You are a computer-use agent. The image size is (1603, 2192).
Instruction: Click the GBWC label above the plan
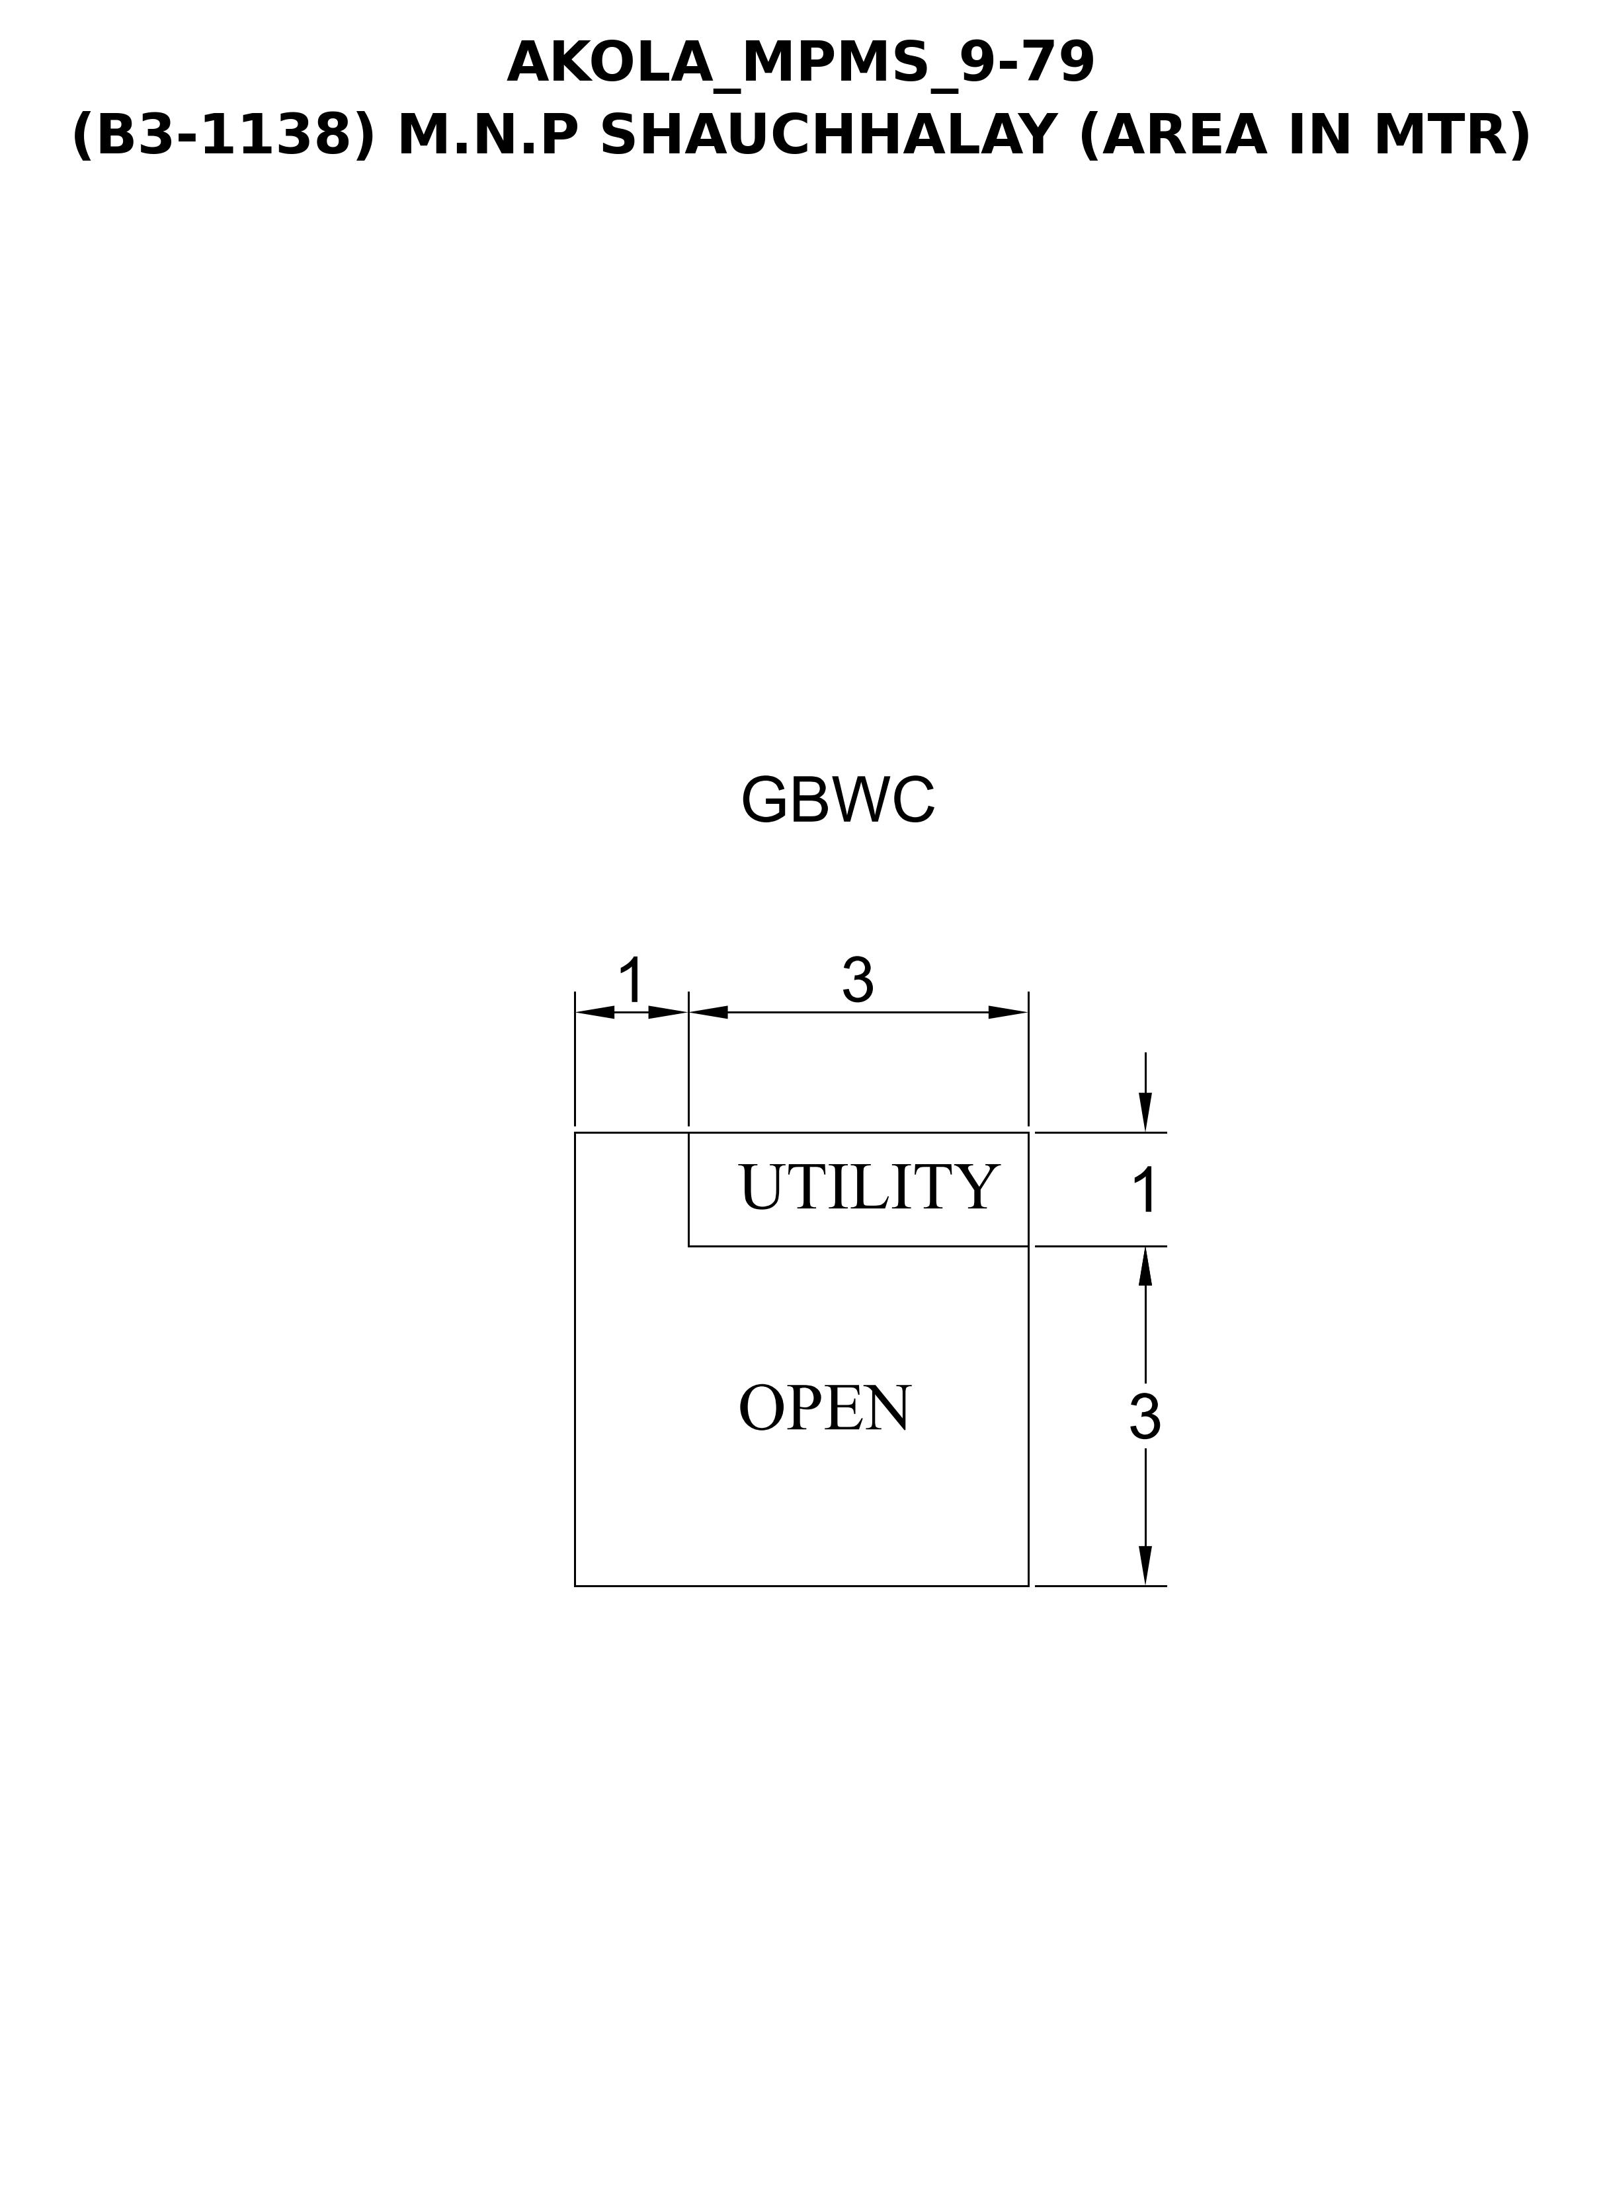[837, 801]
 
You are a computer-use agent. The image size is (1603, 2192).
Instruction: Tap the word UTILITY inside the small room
[868, 1187]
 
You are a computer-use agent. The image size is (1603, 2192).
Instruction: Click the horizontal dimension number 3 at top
[858, 980]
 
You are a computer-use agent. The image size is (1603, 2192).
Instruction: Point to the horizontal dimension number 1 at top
[632, 980]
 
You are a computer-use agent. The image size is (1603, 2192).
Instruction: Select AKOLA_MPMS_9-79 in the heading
[801, 63]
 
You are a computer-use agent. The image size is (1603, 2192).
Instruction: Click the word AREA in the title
[1183, 135]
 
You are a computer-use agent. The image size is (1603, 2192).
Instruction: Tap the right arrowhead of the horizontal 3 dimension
[1008, 1013]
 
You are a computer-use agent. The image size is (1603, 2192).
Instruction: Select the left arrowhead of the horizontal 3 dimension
[708, 1013]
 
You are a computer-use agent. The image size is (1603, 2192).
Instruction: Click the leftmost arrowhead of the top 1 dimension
[595, 1013]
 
